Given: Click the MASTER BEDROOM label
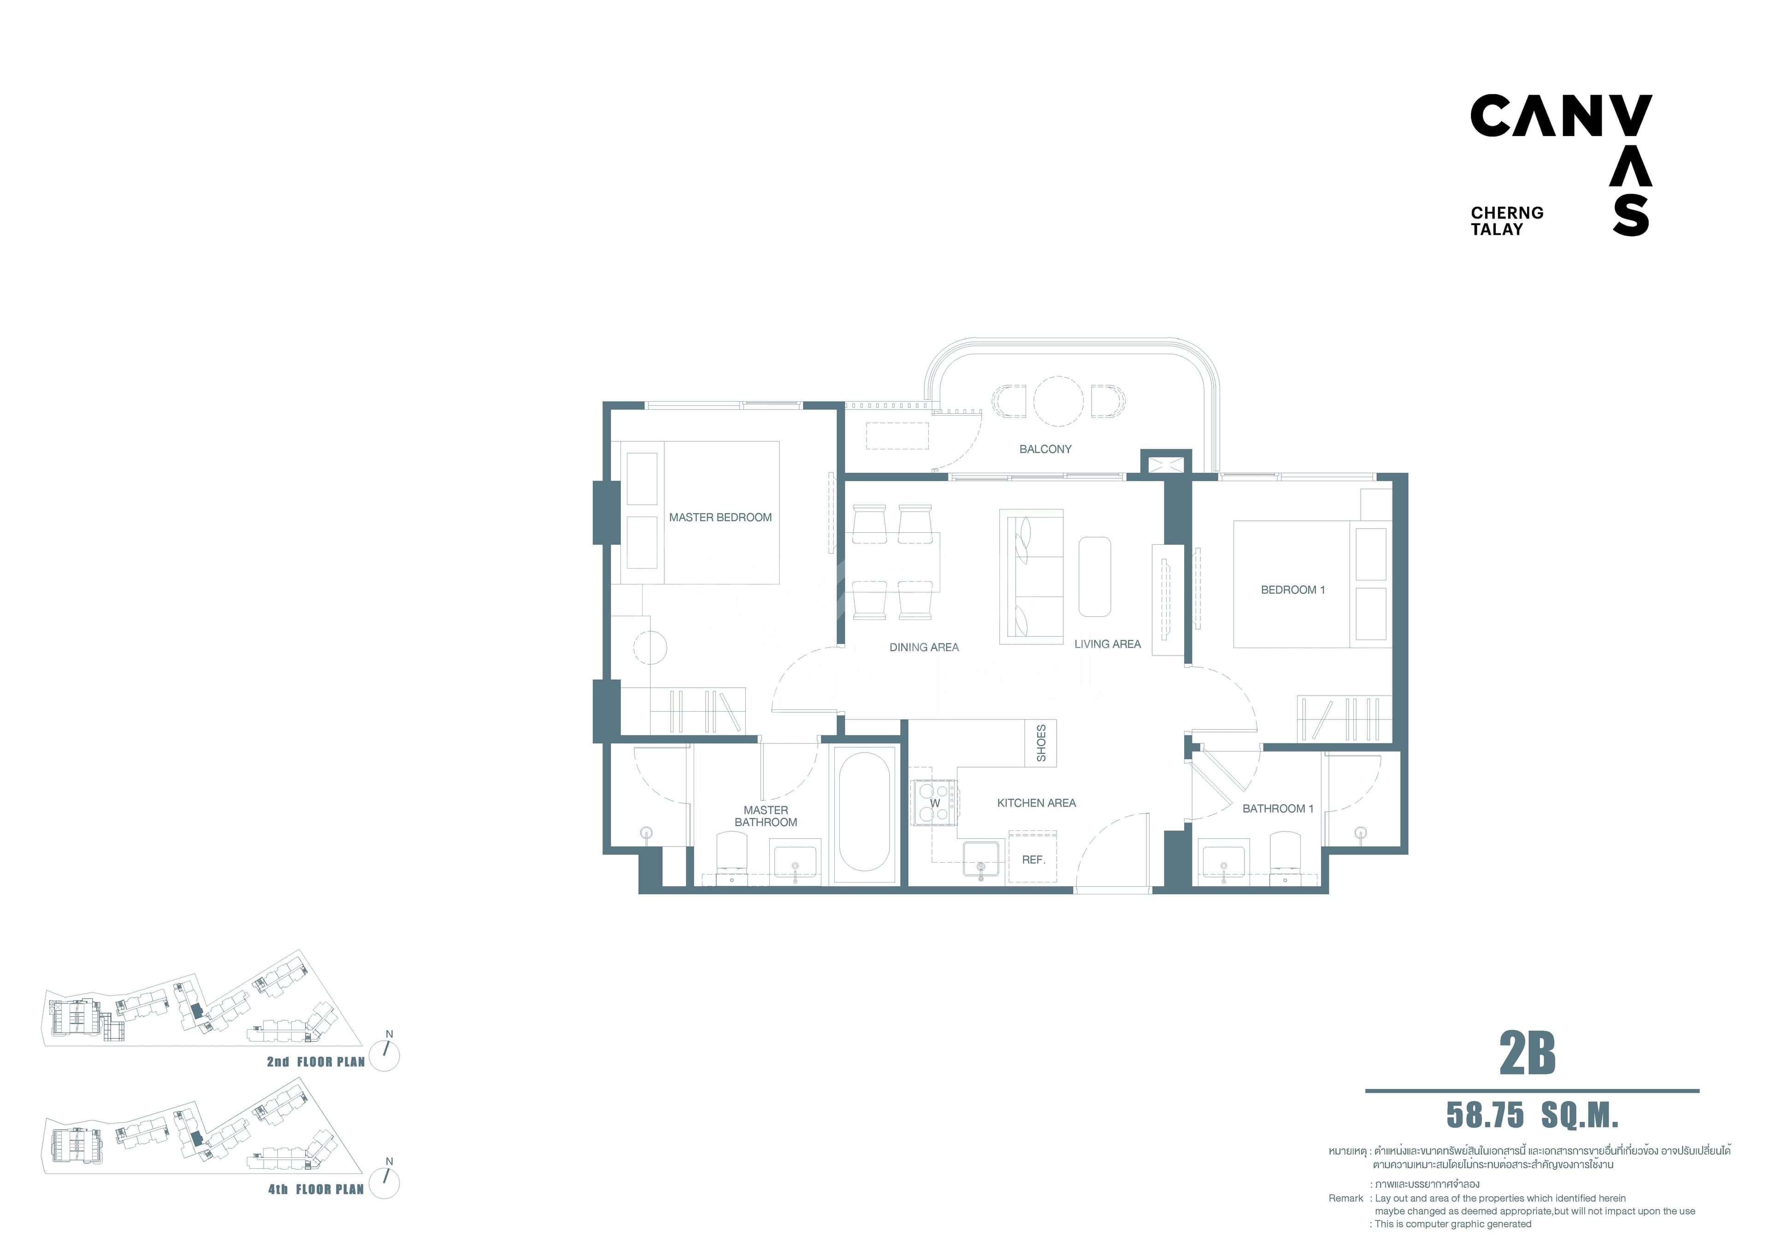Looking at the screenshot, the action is [x=720, y=518].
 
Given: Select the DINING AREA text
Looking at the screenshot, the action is [x=924, y=648].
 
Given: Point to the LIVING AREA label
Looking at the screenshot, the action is [x=1107, y=644].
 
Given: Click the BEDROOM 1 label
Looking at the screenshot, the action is [x=1293, y=590].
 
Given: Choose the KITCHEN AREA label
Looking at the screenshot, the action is [x=1036, y=803].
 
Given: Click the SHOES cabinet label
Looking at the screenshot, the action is [x=1041, y=743].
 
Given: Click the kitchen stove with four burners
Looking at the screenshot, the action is [x=934, y=803].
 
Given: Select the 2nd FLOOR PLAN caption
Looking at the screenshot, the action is [x=316, y=1062].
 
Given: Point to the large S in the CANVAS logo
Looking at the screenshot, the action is [x=1630, y=215].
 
